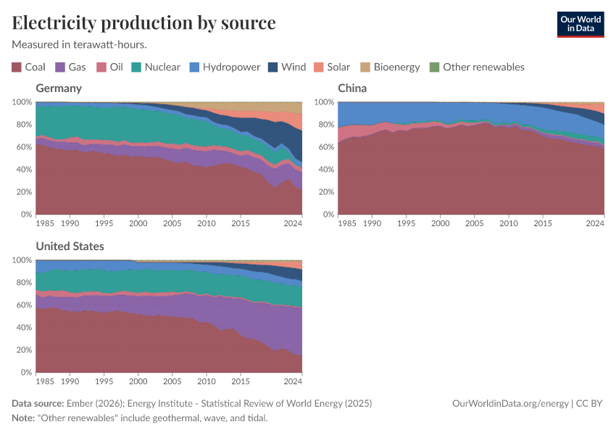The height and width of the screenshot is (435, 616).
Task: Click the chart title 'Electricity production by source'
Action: point(143,22)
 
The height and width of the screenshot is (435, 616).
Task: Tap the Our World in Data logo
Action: point(580,24)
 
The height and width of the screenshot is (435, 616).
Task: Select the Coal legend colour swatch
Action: point(17,67)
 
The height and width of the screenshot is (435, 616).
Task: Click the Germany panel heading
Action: point(59,88)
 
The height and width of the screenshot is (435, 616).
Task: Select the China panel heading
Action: point(352,88)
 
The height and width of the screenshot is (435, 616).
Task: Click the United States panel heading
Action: point(70,246)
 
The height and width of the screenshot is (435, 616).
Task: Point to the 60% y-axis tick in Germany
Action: point(22,147)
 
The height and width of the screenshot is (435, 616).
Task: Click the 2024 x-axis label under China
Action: point(594,223)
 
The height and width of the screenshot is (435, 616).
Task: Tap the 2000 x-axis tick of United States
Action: point(138,381)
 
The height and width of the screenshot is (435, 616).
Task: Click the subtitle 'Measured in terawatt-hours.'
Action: point(80,44)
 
